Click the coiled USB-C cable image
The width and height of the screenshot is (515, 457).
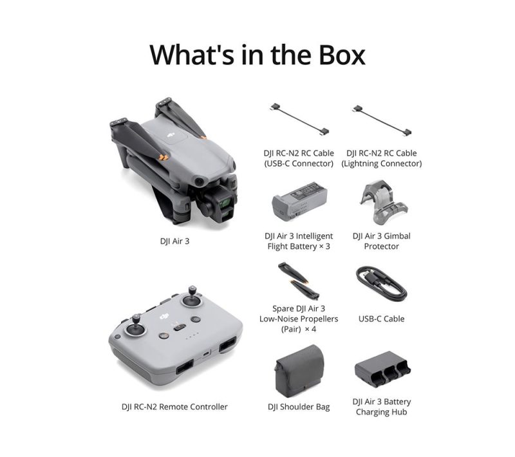tap(381, 283)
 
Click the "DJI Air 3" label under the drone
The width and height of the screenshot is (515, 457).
tap(174, 241)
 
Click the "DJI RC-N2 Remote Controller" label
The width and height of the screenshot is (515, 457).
tap(174, 407)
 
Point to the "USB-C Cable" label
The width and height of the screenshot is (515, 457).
tap(381, 319)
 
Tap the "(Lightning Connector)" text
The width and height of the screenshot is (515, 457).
tap(381, 163)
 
